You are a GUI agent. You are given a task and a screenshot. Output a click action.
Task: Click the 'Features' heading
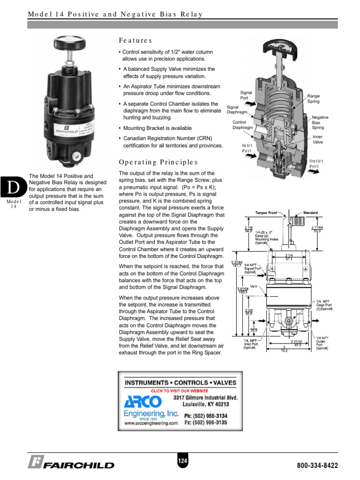135,41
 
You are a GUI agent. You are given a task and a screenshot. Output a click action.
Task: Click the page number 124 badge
182,462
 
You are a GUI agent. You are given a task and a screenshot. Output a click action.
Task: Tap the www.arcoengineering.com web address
151,422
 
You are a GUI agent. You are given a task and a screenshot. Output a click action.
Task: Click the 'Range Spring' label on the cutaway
313,98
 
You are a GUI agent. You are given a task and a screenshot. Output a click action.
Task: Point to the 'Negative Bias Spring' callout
320,122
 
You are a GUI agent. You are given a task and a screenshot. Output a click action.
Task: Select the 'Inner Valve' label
318,139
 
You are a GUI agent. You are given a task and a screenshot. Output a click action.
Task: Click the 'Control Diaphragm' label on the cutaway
242,125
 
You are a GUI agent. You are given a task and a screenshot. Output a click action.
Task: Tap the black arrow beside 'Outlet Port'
314,172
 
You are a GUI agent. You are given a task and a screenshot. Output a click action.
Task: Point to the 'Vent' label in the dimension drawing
254,286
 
